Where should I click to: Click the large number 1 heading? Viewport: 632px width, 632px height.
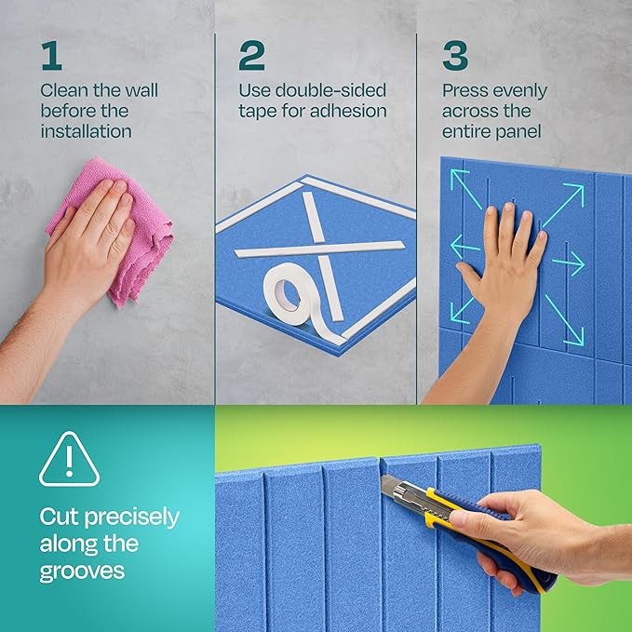click(x=51, y=56)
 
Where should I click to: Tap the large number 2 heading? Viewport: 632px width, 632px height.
click(x=251, y=56)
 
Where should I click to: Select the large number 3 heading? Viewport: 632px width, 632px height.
click(x=455, y=56)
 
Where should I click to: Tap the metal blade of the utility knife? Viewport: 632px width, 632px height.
click(x=391, y=488)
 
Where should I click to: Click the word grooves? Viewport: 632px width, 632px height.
click(x=82, y=571)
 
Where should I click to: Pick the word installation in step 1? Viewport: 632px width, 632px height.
click(x=86, y=131)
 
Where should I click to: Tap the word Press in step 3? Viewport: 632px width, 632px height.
click(x=465, y=91)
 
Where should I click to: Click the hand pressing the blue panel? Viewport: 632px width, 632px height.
click(x=503, y=265)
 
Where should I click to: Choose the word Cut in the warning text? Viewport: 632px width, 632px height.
click(x=61, y=517)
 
